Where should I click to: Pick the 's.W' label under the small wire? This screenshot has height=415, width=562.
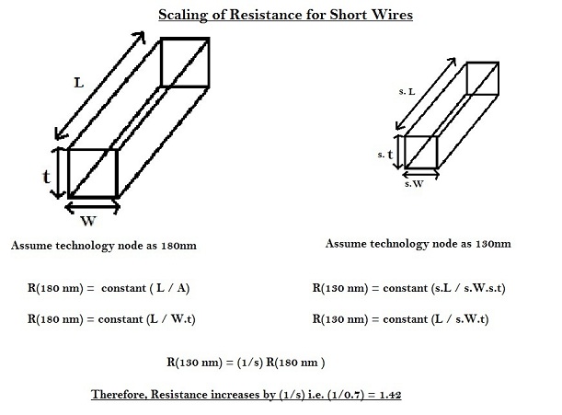[x=415, y=183]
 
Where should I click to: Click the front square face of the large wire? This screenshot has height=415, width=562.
[x=92, y=172]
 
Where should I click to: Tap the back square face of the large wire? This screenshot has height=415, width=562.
[x=187, y=63]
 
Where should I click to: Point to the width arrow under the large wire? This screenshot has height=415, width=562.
[x=92, y=207]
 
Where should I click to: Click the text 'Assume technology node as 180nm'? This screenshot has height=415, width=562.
[x=101, y=247]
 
